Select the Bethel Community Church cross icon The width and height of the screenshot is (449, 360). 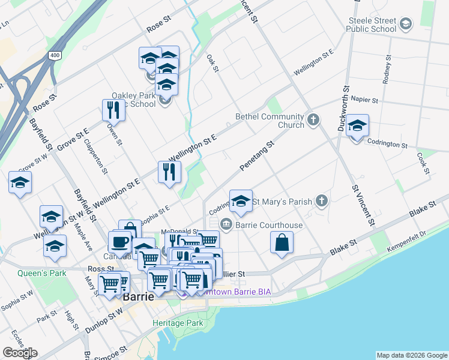tap(313, 121)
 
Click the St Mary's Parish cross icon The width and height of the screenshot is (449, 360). tap(322, 202)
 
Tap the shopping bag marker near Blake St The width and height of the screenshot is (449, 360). tap(282, 242)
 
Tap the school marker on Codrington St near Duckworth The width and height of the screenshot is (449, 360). tap(357, 125)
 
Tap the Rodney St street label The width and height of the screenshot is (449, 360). tap(387, 71)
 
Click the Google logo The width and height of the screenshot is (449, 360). tap(20, 353)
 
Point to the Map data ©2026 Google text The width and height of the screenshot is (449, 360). tap(411, 355)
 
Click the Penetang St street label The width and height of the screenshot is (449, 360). tap(256, 155)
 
